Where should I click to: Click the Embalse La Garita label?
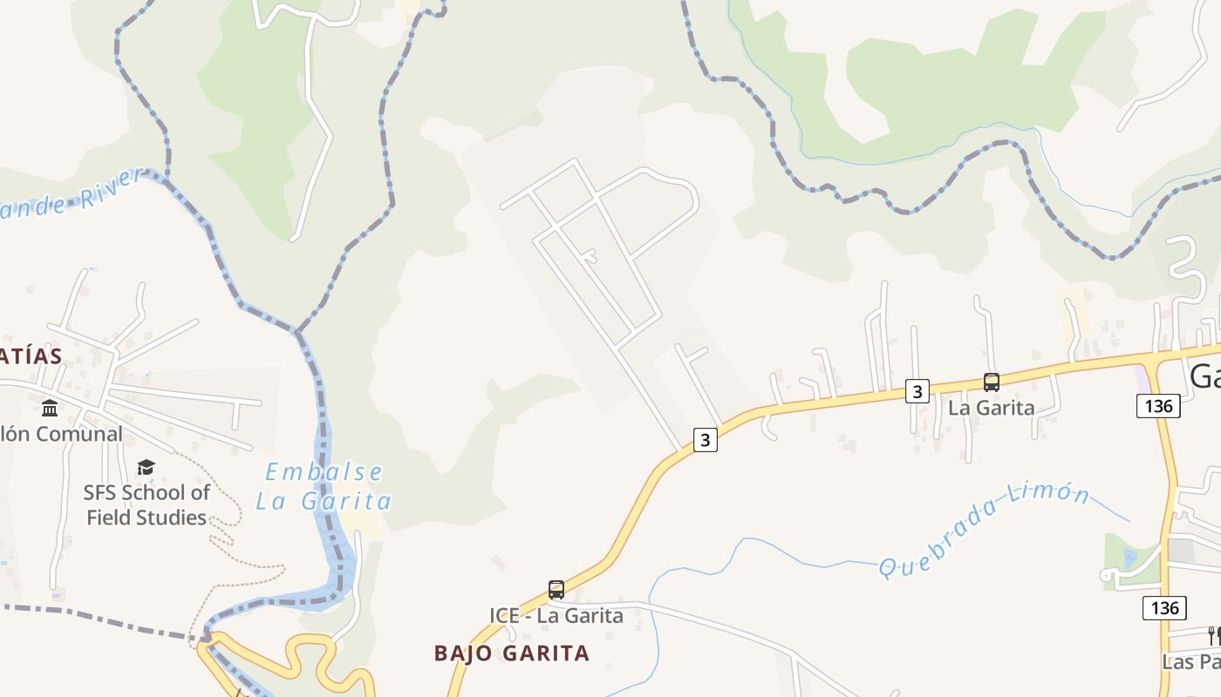[324, 486]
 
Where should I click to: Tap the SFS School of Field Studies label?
[147, 504]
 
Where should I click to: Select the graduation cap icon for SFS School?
[146, 468]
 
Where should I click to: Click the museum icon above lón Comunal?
[50, 408]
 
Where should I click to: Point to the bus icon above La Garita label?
[991, 382]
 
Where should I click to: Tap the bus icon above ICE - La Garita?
[556, 590]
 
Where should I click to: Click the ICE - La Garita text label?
[556, 615]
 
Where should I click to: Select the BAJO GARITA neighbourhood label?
[512, 653]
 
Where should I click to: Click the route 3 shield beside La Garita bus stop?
[916, 391]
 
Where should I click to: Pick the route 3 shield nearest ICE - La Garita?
[705, 440]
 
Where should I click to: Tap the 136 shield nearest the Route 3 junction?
[1158, 405]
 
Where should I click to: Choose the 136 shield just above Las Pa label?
[1164, 607]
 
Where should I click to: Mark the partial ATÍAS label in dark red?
[31, 355]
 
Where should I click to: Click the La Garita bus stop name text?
[991, 407]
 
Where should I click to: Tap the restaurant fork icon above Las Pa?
[1213, 635]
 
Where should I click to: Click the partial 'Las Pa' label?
[1191, 661]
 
